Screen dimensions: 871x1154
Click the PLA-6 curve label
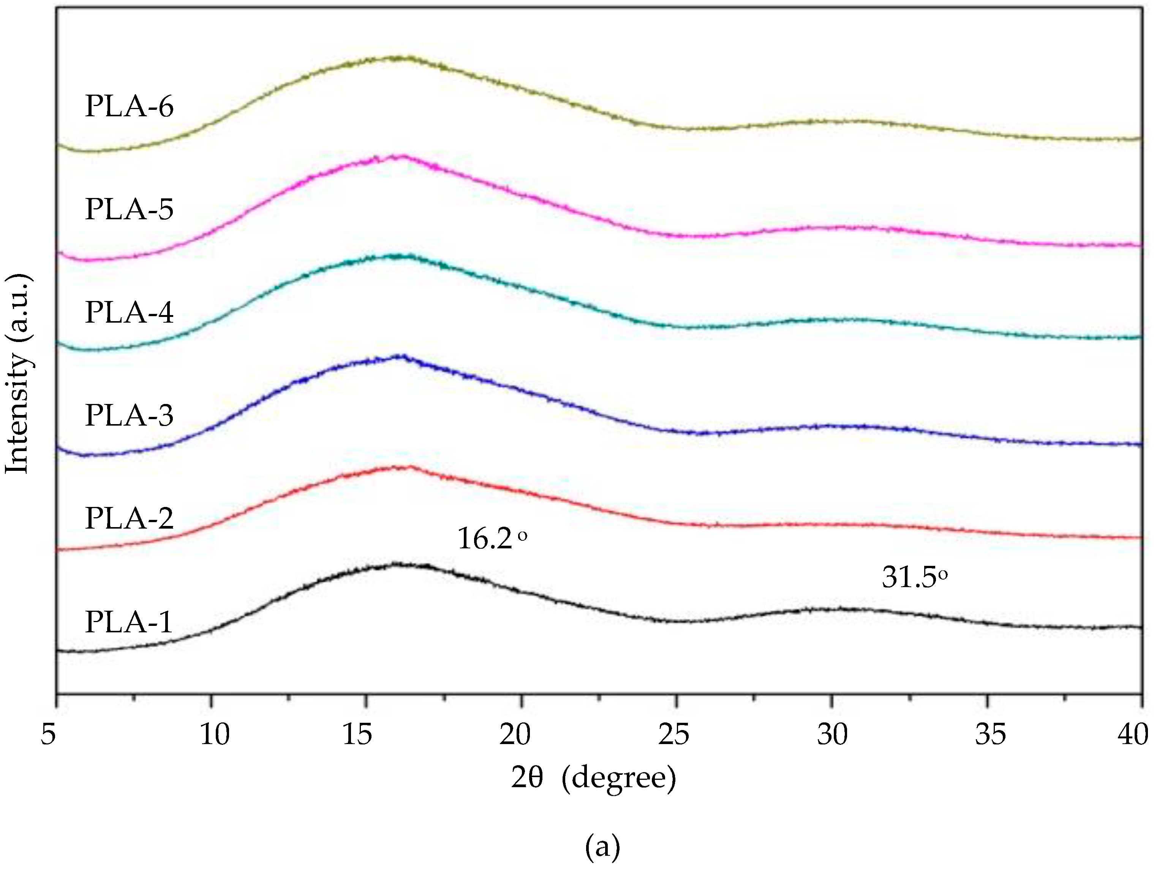tap(129, 106)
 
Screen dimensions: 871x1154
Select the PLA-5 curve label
tap(129, 209)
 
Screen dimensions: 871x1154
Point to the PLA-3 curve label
tap(129, 415)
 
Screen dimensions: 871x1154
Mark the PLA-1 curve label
tap(128, 622)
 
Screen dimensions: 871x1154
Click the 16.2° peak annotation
tap(492, 538)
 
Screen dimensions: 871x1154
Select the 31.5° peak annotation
tap(914, 578)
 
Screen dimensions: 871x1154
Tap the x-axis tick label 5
tap(49, 734)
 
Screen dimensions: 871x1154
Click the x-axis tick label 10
tap(214, 734)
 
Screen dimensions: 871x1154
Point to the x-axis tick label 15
tap(357, 734)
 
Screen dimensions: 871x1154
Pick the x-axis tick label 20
tap(515, 734)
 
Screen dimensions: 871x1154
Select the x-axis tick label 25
tap(673, 734)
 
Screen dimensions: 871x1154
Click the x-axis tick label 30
tap(832, 734)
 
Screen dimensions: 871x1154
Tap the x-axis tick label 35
tap(990, 734)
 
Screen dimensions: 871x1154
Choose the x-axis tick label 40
tap(1133, 734)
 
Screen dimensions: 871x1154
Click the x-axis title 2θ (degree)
tap(593, 778)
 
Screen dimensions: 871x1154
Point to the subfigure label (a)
tap(602, 847)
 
